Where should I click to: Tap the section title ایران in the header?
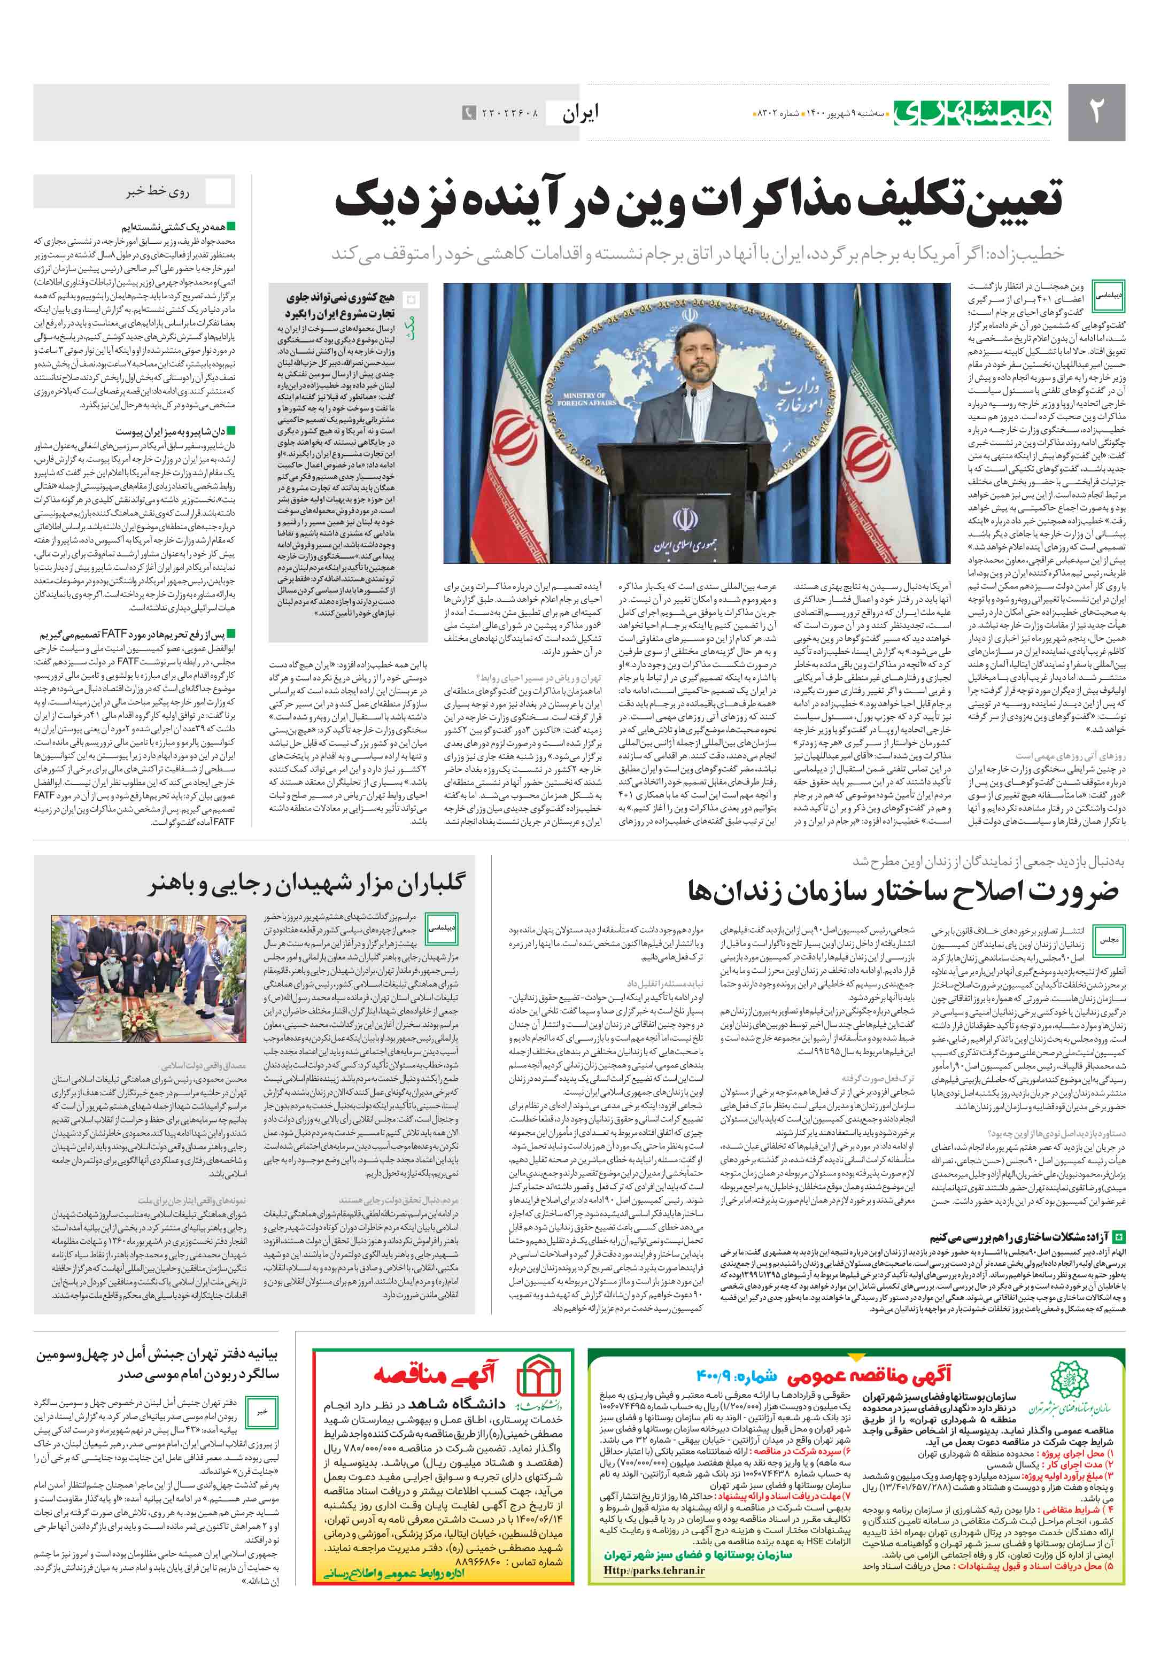point(581,113)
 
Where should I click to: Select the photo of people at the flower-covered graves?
point(149,978)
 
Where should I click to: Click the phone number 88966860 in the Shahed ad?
point(470,1561)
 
